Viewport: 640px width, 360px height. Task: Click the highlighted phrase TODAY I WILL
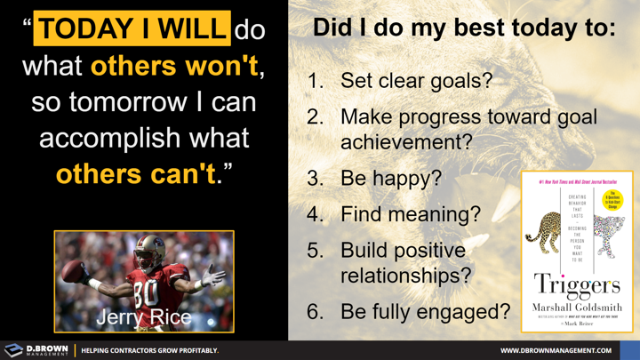tap(132, 29)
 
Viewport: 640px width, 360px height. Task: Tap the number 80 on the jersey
tap(145, 294)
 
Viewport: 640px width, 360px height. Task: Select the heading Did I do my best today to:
tap(463, 28)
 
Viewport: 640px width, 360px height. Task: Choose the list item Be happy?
tap(390, 178)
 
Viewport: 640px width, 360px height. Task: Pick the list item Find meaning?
tap(410, 214)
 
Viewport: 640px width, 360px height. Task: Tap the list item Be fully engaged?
tap(425, 311)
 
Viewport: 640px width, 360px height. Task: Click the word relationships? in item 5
tap(405, 276)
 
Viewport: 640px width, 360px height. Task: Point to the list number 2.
tap(315, 116)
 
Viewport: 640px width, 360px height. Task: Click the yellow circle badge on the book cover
tap(612, 200)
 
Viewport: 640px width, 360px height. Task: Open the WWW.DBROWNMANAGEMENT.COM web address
tap(556, 350)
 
